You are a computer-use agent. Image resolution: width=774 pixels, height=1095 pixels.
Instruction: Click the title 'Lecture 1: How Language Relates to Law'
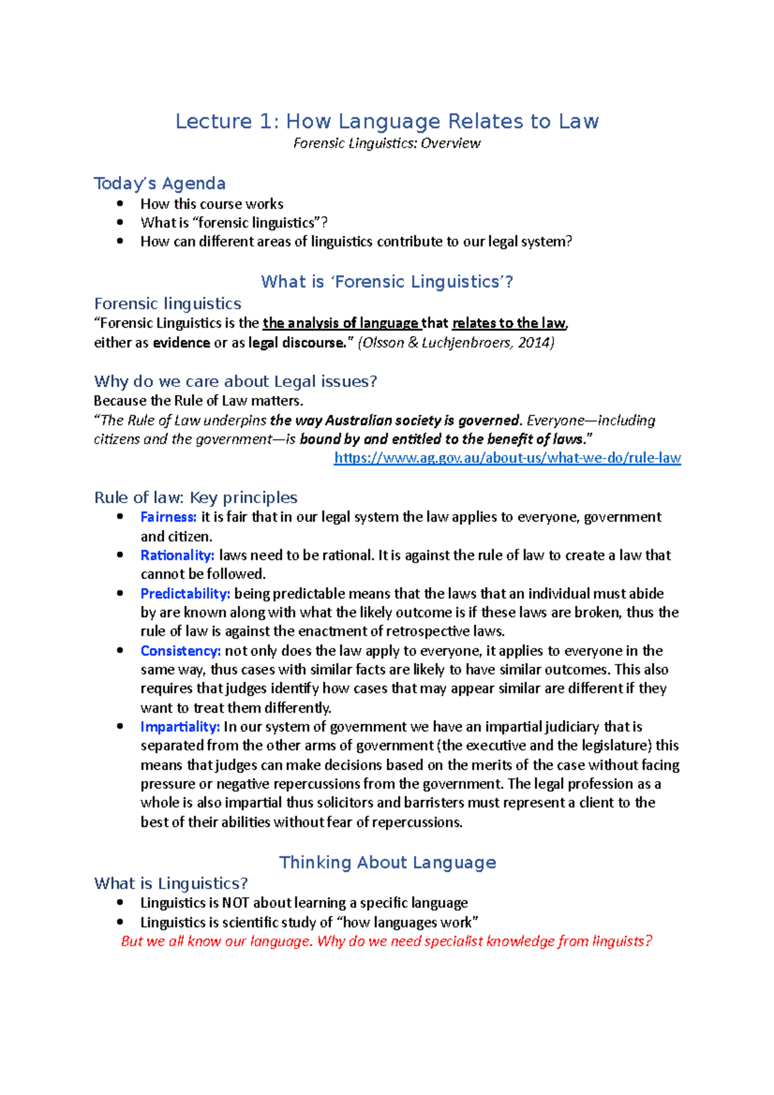387,121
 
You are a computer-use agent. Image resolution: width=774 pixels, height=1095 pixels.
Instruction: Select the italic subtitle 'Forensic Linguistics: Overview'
387,143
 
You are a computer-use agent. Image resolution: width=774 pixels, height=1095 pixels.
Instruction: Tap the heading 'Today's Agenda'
159,184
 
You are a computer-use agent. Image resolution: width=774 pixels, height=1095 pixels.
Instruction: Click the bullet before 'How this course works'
120,204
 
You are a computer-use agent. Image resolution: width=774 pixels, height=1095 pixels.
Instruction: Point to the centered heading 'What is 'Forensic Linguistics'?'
387,282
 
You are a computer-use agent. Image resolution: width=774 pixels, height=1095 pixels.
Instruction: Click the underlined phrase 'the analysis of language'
341,323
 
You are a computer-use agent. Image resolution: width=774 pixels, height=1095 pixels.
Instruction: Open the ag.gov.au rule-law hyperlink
507,458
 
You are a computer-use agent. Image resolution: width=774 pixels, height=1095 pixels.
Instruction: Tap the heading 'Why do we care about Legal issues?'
235,381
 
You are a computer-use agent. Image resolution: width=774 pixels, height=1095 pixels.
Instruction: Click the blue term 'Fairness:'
168,517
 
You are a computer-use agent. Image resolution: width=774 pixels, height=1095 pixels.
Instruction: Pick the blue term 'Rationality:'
177,555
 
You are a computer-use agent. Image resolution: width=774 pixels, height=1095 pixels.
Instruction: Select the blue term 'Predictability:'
185,593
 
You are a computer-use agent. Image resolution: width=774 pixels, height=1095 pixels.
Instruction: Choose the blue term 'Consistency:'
181,651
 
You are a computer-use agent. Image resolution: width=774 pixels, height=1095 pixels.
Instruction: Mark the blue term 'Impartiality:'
180,727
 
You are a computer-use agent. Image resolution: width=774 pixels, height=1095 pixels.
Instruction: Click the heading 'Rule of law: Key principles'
195,498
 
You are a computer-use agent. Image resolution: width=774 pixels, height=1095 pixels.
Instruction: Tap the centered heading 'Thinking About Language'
387,863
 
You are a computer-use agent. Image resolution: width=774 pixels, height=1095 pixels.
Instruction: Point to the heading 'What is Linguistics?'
171,883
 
